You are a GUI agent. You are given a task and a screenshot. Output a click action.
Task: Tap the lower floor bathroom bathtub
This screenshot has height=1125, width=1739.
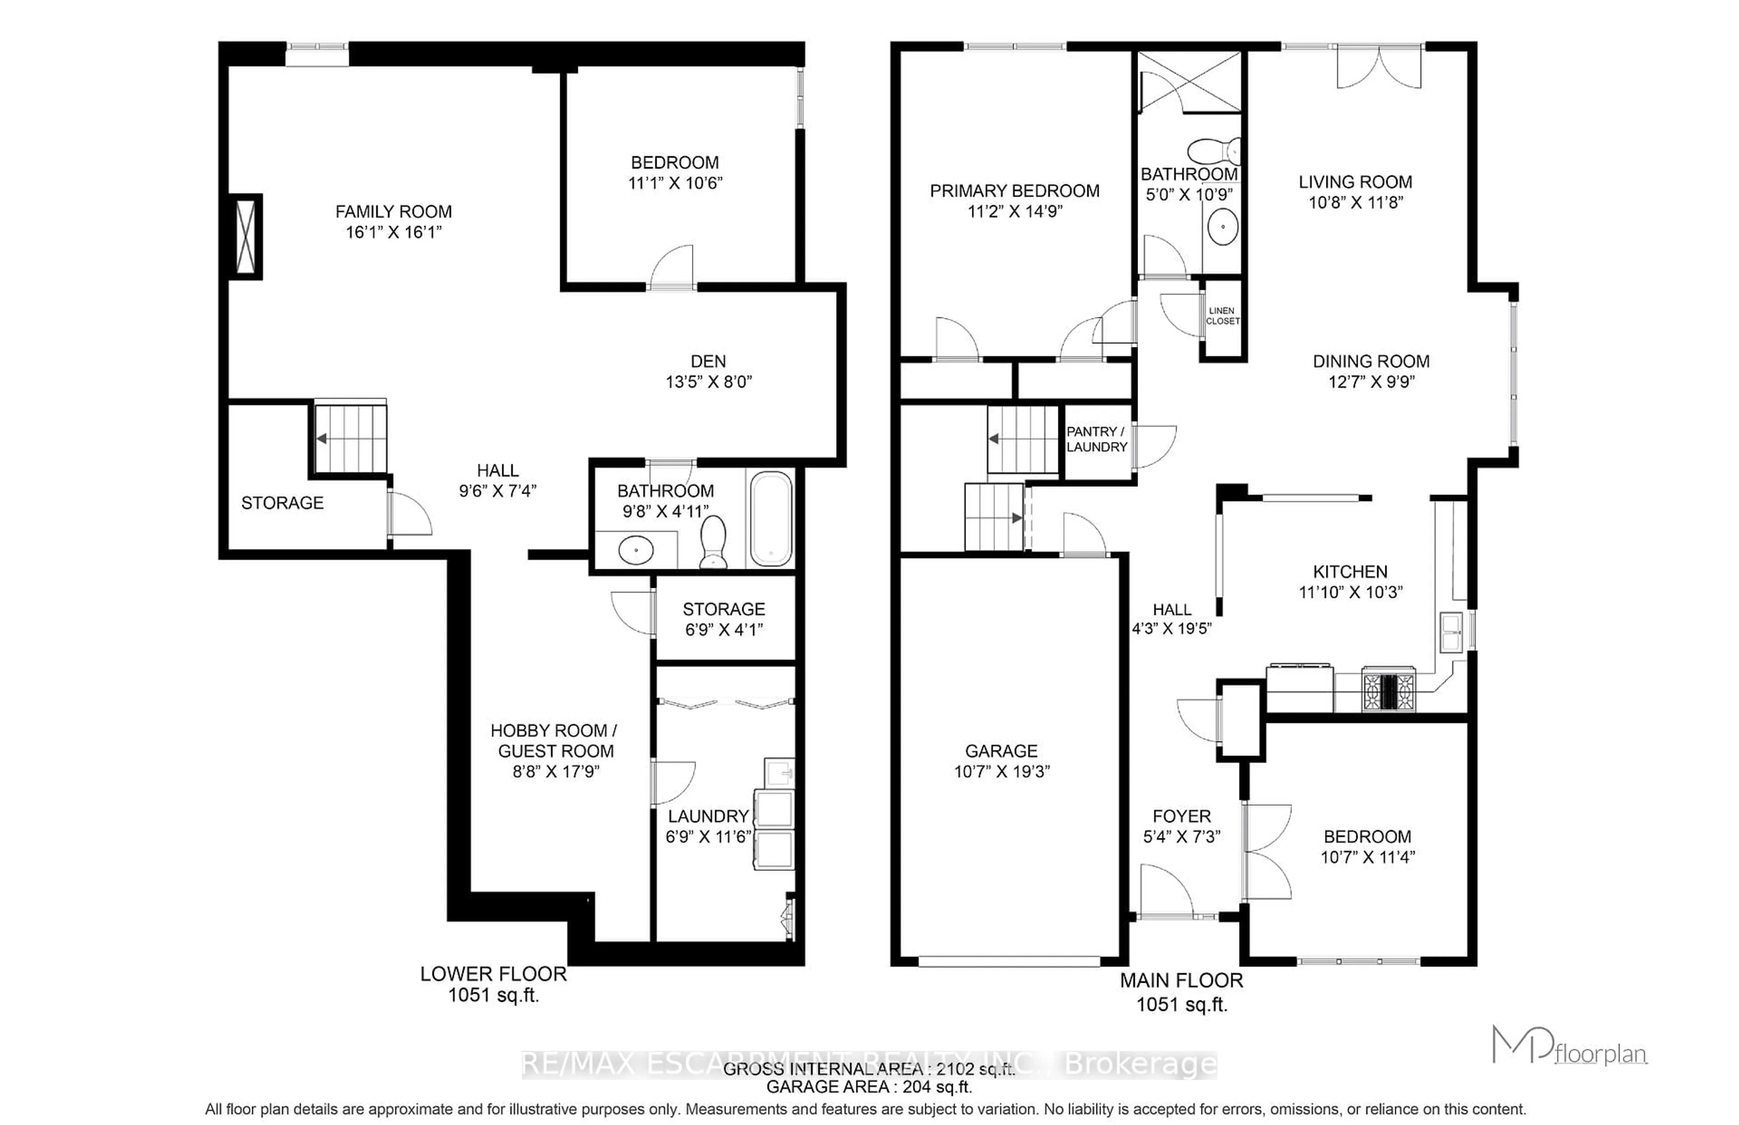(770, 519)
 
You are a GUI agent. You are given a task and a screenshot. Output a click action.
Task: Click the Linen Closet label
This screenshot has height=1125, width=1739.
(1222, 316)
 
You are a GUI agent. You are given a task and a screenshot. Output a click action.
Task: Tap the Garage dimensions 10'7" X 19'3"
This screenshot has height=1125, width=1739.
(1001, 771)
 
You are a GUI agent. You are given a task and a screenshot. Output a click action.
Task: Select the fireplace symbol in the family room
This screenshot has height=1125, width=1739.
(246, 236)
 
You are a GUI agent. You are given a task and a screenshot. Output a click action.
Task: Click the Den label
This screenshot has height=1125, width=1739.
(708, 361)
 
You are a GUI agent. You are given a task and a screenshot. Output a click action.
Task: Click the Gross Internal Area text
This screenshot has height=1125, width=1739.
(869, 1069)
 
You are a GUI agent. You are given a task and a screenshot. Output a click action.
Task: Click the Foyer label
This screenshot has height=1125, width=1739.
(1181, 816)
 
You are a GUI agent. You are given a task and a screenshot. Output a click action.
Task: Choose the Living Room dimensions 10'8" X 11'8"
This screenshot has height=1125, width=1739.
(1355, 202)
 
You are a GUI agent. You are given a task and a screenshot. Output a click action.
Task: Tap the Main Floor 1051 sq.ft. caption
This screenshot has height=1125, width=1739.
(1181, 991)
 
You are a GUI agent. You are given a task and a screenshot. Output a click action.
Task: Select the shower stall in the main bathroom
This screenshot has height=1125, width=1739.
(1189, 82)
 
